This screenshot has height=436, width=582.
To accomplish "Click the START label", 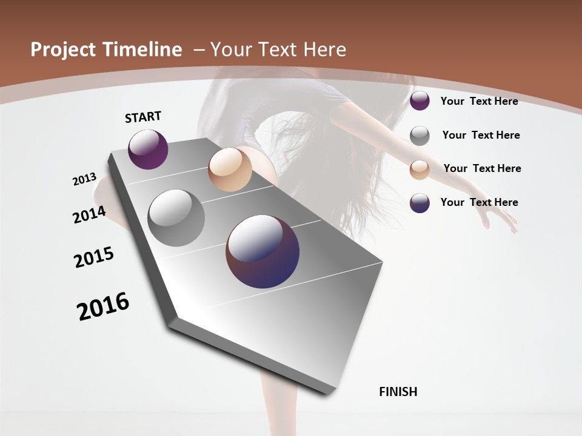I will (x=143, y=117).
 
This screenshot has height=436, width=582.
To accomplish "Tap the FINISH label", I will (x=398, y=392).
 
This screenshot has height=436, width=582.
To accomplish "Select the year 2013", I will (x=85, y=179).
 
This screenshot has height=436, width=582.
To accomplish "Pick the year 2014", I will (x=89, y=214).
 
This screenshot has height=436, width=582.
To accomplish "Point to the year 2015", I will (x=94, y=257).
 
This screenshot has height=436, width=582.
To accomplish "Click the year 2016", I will (x=103, y=306).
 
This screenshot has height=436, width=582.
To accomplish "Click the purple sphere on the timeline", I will (x=148, y=149).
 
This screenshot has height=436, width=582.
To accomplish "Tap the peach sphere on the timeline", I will (x=230, y=170).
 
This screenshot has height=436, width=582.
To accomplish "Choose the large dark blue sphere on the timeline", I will (x=263, y=251).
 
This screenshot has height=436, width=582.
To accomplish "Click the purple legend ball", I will (x=420, y=101).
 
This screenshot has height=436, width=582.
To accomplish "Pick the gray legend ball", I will (x=420, y=136).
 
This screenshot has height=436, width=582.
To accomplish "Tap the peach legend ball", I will (x=420, y=169).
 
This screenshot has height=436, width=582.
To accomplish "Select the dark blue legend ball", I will (x=420, y=203).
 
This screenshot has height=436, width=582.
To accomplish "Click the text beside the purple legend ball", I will (x=479, y=101).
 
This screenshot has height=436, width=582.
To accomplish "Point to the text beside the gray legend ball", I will (x=481, y=135).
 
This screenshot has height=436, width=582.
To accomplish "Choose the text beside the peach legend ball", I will (x=482, y=168).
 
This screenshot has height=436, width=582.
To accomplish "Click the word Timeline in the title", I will (x=143, y=50).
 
